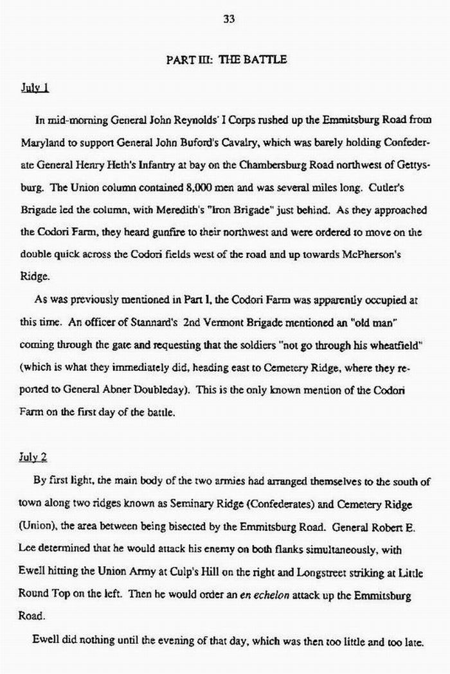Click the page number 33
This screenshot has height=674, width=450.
click(x=228, y=19)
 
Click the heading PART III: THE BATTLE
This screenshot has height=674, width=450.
click(x=226, y=60)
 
